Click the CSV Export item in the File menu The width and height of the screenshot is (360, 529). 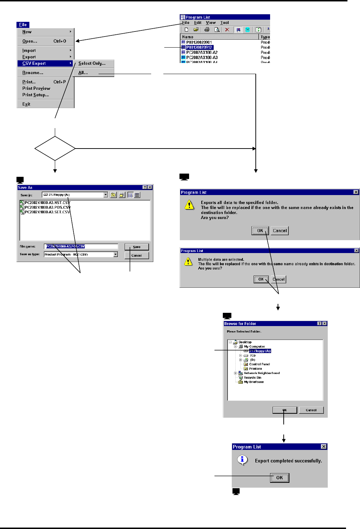(34, 63)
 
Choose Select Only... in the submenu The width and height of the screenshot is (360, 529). (92, 63)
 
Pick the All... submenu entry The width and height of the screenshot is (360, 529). (83, 73)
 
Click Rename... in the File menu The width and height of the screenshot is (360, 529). (33, 73)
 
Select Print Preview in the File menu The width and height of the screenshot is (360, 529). (36, 88)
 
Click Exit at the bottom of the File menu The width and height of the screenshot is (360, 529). (26, 104)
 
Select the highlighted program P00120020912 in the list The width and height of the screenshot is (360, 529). (199, 47)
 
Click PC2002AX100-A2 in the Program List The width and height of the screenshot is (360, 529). (202, 52)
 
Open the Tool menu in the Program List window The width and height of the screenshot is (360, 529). (225, 23)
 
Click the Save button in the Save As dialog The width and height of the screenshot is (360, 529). (136, 247)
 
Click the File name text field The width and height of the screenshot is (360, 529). (81, 246)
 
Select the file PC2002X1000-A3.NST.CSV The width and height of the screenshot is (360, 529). (47, 203)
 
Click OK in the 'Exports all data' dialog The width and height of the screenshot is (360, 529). (260, 231)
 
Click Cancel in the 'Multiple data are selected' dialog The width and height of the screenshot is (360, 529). (278, 280)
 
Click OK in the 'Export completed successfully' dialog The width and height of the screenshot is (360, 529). (279, 478)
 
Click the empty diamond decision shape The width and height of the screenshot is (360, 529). (55, 148)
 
